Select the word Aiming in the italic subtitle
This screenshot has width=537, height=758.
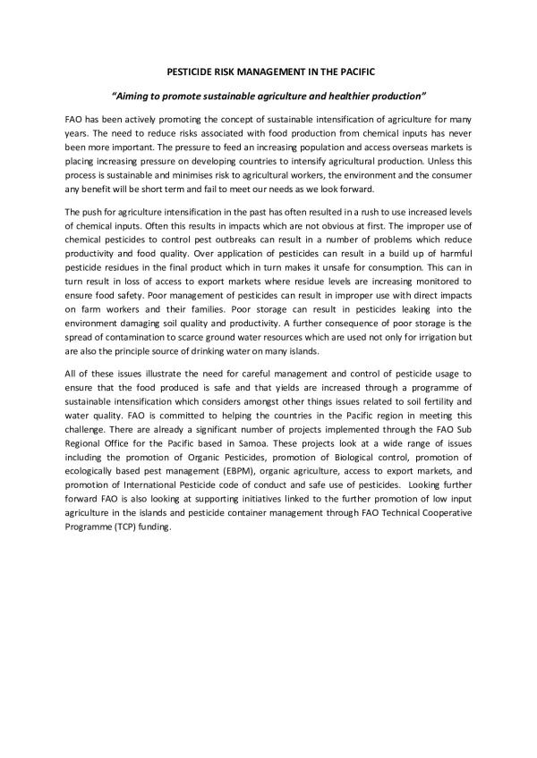[x=132, y=94]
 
